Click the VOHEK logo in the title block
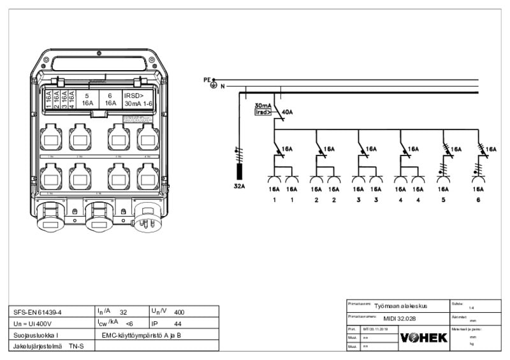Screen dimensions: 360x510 point(423,337)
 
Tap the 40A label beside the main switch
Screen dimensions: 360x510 point(287,112)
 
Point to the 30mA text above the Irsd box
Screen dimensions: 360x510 point(263,105)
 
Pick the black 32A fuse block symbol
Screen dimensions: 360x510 point(240,172)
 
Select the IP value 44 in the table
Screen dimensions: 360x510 point(178,324)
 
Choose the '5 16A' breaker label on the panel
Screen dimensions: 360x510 point(87,99)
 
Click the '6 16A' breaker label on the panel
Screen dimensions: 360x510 point(110,99)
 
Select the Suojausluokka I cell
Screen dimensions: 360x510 point(36,335)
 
